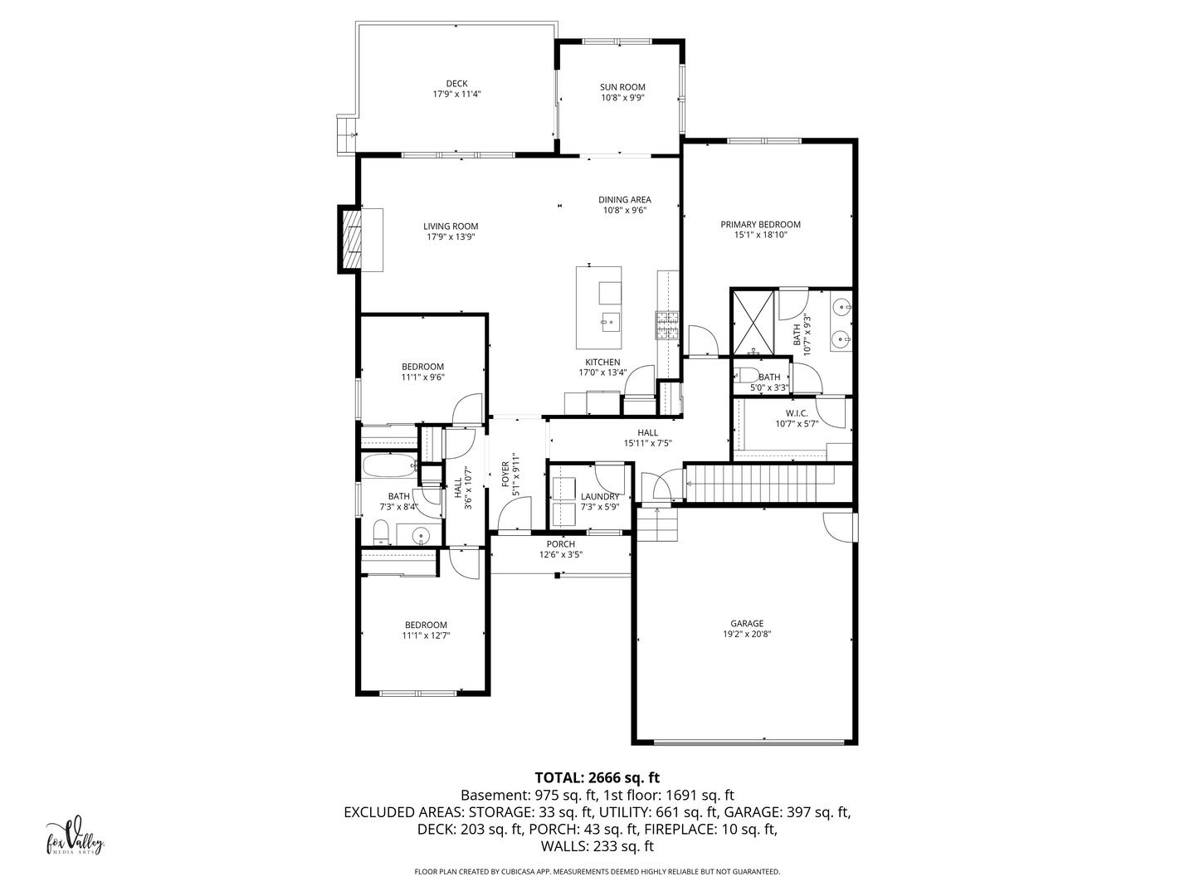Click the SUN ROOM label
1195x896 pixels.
click(622, 87)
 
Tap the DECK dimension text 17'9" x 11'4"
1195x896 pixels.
click(456, 94)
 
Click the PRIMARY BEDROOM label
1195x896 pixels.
click(760, 224)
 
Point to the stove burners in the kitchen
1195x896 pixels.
click(667, 324)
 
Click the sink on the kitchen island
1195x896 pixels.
click(610, 322)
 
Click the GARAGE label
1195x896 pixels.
click(747, 623)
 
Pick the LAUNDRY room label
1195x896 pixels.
click(600, 497)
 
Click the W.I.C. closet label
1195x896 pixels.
click(797, 413)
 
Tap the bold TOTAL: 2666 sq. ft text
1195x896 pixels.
click(597, 777)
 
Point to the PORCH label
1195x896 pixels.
click(561, 544)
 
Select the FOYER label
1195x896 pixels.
click(505, 474)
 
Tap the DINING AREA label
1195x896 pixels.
click(624, 200)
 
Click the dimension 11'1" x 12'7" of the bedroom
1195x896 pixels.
click(427, 635)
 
